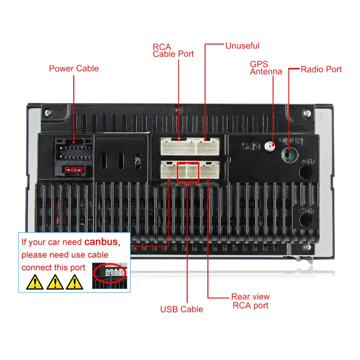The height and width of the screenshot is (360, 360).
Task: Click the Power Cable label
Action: point(74,68)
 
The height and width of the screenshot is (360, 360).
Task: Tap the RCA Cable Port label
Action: point(173,50)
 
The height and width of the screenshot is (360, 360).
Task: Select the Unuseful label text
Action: point(242,45)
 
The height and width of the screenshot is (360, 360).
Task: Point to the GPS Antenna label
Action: point(266,67)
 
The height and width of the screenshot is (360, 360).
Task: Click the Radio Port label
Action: point(321,69)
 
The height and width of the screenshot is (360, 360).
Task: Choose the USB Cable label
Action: point(181,309)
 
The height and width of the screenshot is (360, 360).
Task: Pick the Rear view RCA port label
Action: point(250,301)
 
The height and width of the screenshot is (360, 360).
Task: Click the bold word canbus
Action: point(102,242)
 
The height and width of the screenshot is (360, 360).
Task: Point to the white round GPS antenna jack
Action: point(270,147)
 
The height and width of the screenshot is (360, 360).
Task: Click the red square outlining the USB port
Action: point(188,172)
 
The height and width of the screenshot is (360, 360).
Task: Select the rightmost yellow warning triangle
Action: point(75,282)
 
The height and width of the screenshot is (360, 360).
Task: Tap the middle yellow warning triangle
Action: point(54,282)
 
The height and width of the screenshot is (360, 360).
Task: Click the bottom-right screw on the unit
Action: point(307,247)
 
